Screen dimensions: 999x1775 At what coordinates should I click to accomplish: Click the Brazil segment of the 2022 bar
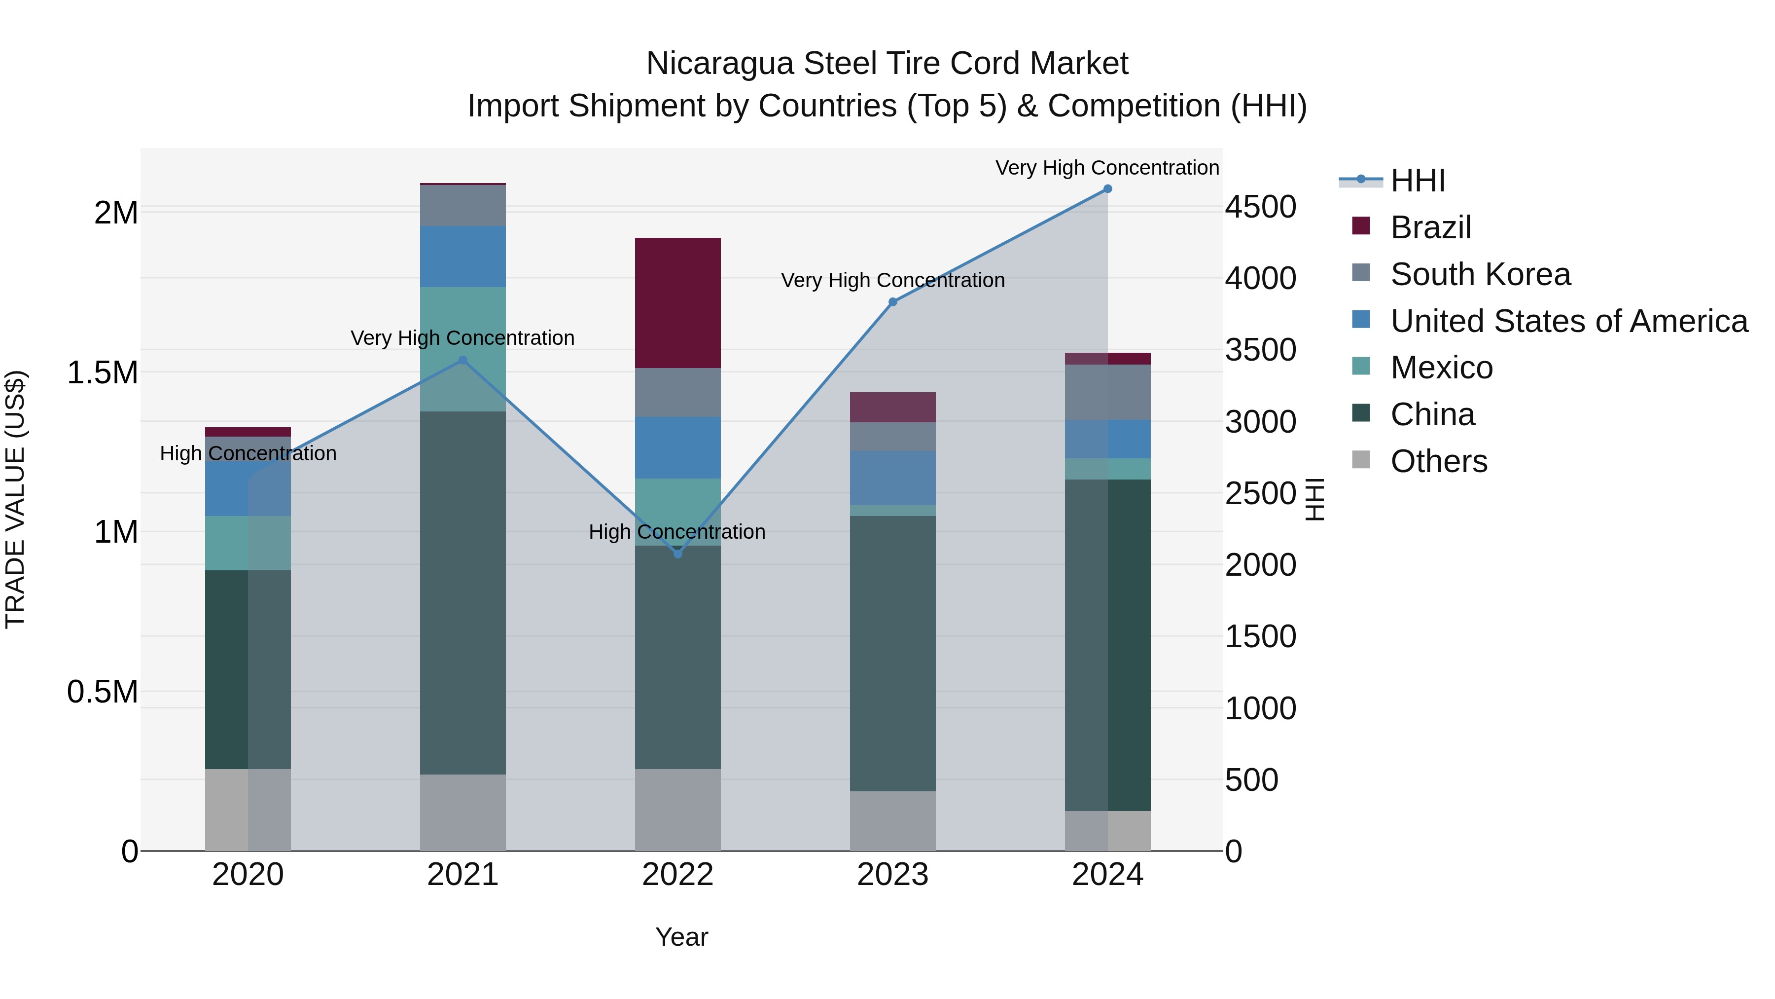(677, 303)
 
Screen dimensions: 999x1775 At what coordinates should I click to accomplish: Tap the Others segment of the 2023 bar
(892, 820)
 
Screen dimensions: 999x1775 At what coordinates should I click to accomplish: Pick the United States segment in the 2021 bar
(462, 257)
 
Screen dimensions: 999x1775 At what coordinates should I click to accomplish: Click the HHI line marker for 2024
(1107, 189)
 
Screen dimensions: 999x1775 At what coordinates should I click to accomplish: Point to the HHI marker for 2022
(677, 554)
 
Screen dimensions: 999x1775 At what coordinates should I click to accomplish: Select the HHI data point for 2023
(892, 302)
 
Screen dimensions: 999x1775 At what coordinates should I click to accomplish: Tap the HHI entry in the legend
(1418, 181)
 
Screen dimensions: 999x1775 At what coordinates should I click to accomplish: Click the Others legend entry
(1438, 461)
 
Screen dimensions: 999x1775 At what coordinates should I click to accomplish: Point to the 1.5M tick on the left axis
(102, 372)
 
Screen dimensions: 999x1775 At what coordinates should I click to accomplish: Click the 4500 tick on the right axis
(1260, 207)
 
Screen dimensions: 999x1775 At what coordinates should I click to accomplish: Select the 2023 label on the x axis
(892, 875)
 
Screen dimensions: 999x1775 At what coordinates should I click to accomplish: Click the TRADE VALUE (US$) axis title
(15, 499)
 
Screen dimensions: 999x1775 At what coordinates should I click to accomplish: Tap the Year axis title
(681, 937)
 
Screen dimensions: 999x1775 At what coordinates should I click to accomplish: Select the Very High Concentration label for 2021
(462, 338)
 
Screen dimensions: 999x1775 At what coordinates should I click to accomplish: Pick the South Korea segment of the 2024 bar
(1107, 392)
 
